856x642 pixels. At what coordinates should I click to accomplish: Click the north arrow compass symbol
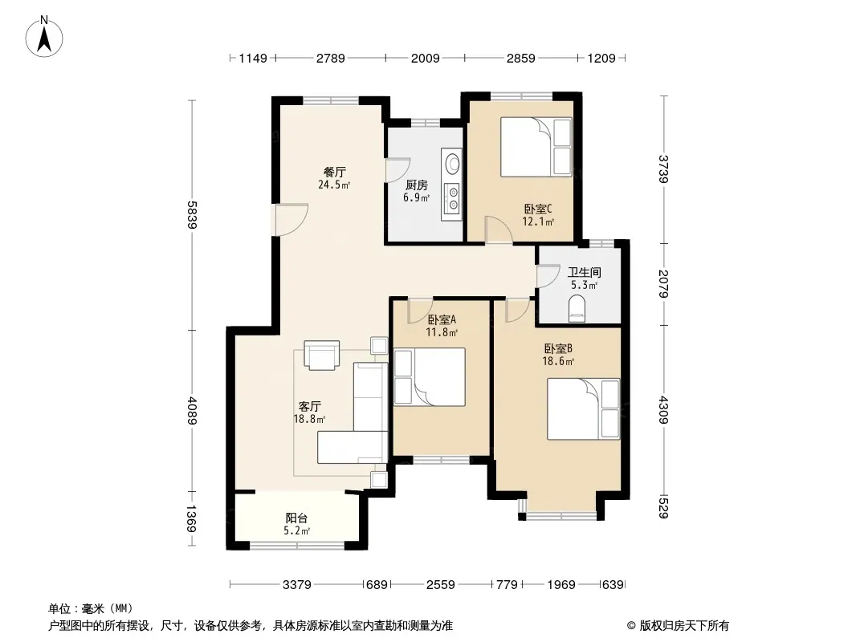point(44,36)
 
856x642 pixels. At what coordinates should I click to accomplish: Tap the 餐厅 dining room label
point(334,173)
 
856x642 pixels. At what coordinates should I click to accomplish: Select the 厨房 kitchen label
point(417,185)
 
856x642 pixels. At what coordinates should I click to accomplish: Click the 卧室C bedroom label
point(538,209)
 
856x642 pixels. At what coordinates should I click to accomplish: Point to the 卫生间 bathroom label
point(584,272)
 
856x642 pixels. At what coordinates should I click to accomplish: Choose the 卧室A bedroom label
point(442,319)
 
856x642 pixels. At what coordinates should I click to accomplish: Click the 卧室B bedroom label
point(558,348)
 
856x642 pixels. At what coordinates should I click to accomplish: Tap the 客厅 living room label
point(309,406)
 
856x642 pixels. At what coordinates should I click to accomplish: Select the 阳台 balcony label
point(296,518)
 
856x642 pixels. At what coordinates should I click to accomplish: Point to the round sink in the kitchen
point(453,163)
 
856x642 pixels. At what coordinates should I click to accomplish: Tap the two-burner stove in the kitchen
point(453,198)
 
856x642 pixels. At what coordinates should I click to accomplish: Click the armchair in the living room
point(321,355)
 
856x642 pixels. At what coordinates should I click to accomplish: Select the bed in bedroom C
point(536,147)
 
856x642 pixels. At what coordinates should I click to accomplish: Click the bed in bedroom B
point(584,409)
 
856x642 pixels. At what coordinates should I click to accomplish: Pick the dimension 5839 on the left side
point(192,215)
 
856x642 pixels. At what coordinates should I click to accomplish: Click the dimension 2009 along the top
point(426,58)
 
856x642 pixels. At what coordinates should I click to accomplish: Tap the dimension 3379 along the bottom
point(297,585)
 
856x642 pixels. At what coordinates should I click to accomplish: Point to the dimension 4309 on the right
point(664,410)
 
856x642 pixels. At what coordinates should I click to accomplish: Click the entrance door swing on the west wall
point(291,219)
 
